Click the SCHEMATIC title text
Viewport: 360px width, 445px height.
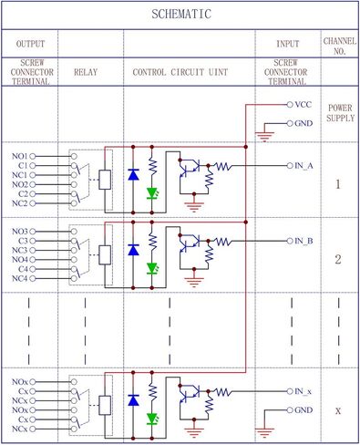coord(180,15)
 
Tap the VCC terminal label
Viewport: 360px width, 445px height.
coord(303,106)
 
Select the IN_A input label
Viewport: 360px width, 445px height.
coord(304,166)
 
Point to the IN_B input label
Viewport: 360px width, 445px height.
coord(304,241)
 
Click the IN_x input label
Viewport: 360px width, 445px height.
coord(304,391)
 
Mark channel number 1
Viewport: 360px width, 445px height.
coord(338,184)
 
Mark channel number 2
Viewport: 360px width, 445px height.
coord(338,260)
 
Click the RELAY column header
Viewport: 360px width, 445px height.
coord(90,70)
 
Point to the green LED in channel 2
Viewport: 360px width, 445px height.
coord(153,268)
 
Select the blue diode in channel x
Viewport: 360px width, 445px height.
coord(134,398)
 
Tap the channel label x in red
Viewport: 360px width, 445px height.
coord(338,411)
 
